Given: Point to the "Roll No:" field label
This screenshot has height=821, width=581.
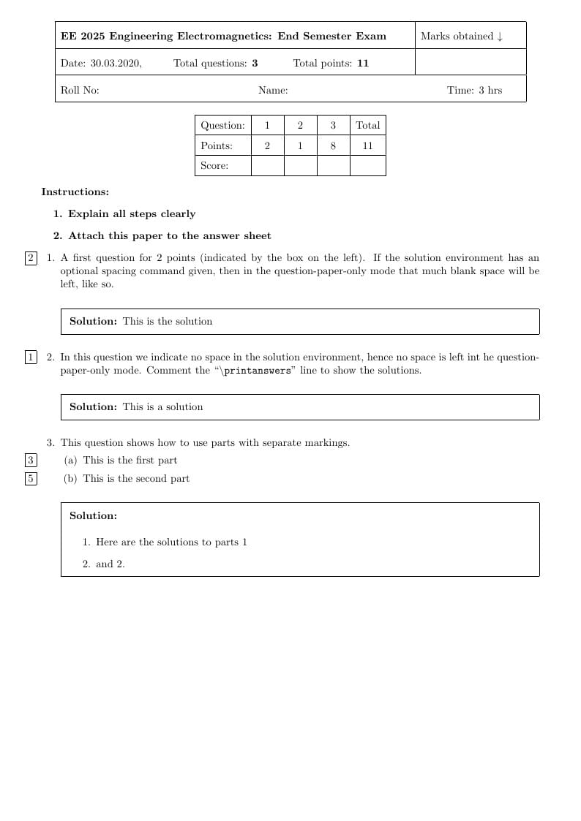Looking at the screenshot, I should (x=80, y=91).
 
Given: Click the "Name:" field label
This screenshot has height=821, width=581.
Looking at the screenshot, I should (x=273, y=91).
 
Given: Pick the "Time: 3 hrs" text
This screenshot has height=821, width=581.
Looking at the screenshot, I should (x=474, y=91).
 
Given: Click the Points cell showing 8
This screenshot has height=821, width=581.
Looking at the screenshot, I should (x=333, y=145).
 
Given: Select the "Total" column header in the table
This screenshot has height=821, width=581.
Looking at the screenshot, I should (x=367, y=125).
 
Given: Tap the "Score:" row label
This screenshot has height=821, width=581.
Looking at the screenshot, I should (x=214, y=166).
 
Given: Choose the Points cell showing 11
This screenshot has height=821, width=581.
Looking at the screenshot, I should (x=367, y=145).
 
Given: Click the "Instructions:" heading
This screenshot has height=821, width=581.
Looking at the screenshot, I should (x=75, y=192).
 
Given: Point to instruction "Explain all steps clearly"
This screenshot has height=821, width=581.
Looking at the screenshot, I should (x=132, y=214).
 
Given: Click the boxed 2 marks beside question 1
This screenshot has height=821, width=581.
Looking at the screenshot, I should (x=31, y=258).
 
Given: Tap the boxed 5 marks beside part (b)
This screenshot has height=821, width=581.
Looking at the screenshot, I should (x=31, y=479).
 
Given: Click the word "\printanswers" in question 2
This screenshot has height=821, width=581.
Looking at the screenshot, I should (x=256, y=371).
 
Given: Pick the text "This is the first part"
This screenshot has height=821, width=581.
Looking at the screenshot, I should (x=130, y=461).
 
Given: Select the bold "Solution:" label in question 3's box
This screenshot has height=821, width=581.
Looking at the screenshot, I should (x=93, y=516).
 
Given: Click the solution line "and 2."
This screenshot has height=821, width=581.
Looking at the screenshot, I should (x=110, y=564).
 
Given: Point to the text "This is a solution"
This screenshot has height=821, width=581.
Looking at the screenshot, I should (x=162, y=407).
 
